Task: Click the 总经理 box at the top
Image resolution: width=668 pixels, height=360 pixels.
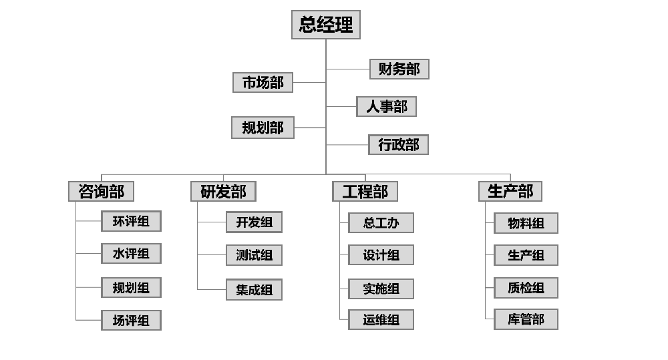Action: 326,25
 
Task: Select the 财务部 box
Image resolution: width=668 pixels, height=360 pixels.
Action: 399,69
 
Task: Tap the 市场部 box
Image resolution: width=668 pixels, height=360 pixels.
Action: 263,82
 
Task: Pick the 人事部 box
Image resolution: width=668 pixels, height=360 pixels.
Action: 386,107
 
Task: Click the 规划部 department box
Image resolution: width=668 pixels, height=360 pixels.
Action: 263,127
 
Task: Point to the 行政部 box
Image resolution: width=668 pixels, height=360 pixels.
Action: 398,145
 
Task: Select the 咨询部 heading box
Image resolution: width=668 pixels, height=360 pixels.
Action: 101,192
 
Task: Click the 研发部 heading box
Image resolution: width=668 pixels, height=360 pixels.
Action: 223,192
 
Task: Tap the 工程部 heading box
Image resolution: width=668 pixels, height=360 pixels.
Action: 365,192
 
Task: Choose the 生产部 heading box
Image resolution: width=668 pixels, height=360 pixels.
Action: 510,192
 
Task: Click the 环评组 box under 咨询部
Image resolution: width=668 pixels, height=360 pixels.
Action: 131,221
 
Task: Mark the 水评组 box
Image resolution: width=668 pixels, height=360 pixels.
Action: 131,254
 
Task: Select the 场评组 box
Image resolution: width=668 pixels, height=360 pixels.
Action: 131,321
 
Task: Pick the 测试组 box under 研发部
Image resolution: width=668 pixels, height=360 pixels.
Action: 254,255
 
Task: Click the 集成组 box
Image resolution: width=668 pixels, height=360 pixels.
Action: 254,290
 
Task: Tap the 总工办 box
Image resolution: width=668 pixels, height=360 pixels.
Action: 381,223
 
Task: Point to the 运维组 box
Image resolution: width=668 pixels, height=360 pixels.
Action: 381,320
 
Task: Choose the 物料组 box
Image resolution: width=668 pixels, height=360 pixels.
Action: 526,224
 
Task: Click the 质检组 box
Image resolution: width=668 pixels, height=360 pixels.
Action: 526,288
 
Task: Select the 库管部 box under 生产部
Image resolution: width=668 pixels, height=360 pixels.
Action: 526,319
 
